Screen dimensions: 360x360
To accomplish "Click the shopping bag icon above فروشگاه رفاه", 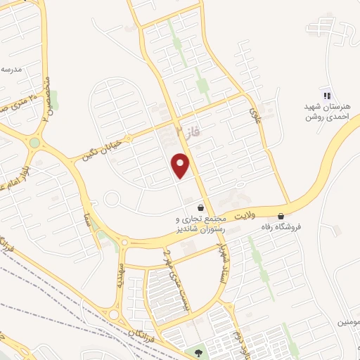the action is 281,216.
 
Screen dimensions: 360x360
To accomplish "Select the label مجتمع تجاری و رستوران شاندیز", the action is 200,224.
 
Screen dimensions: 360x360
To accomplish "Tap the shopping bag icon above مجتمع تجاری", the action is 202,208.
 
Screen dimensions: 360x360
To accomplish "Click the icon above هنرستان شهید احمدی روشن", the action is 326,95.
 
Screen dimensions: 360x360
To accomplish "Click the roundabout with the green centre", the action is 34,143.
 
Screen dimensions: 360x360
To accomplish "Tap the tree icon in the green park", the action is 197,354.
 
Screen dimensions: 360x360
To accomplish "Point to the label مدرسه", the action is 12,69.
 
